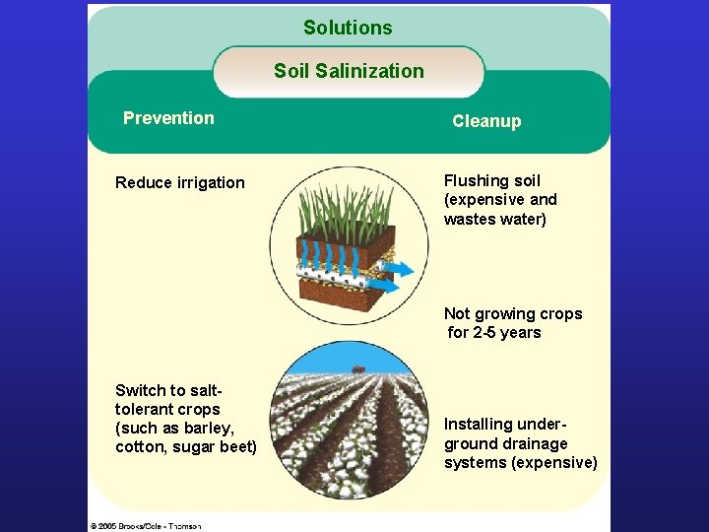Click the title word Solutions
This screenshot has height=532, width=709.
[348, 28]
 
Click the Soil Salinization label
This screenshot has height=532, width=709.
[349, 71]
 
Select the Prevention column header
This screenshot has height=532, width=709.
[168, 118]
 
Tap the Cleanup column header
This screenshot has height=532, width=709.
[486, 121]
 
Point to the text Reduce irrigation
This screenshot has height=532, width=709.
[180, 182]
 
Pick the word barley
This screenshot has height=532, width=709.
[211, 428]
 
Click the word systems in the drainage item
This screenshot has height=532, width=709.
[476, 463]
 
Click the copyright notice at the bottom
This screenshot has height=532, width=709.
[146, 526]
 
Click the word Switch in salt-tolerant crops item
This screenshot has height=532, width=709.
[139, 390]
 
